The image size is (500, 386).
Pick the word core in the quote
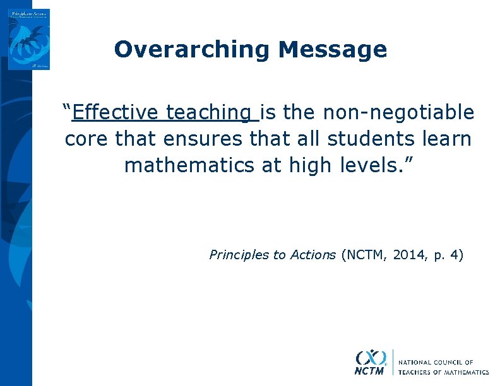[87, 139]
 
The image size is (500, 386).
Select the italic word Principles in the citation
[239, 255]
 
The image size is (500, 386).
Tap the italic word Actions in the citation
[312, 255]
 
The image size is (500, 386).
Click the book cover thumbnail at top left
[29, 39]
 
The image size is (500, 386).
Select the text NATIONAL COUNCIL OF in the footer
[435, 363]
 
